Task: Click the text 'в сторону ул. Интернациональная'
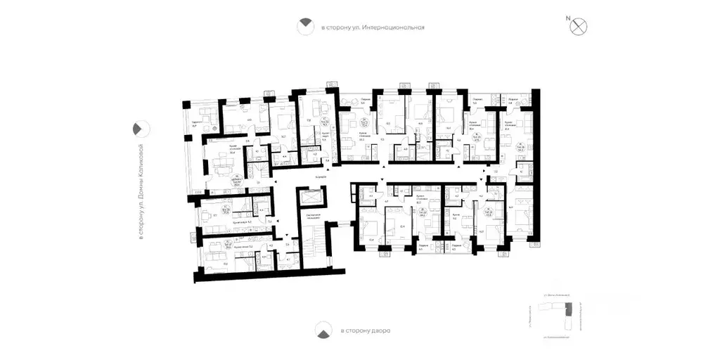coord(373,27)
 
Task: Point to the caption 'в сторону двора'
coord(365,330)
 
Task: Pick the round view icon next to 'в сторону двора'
coord(322,330)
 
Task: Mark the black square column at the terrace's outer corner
coord(185,105)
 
